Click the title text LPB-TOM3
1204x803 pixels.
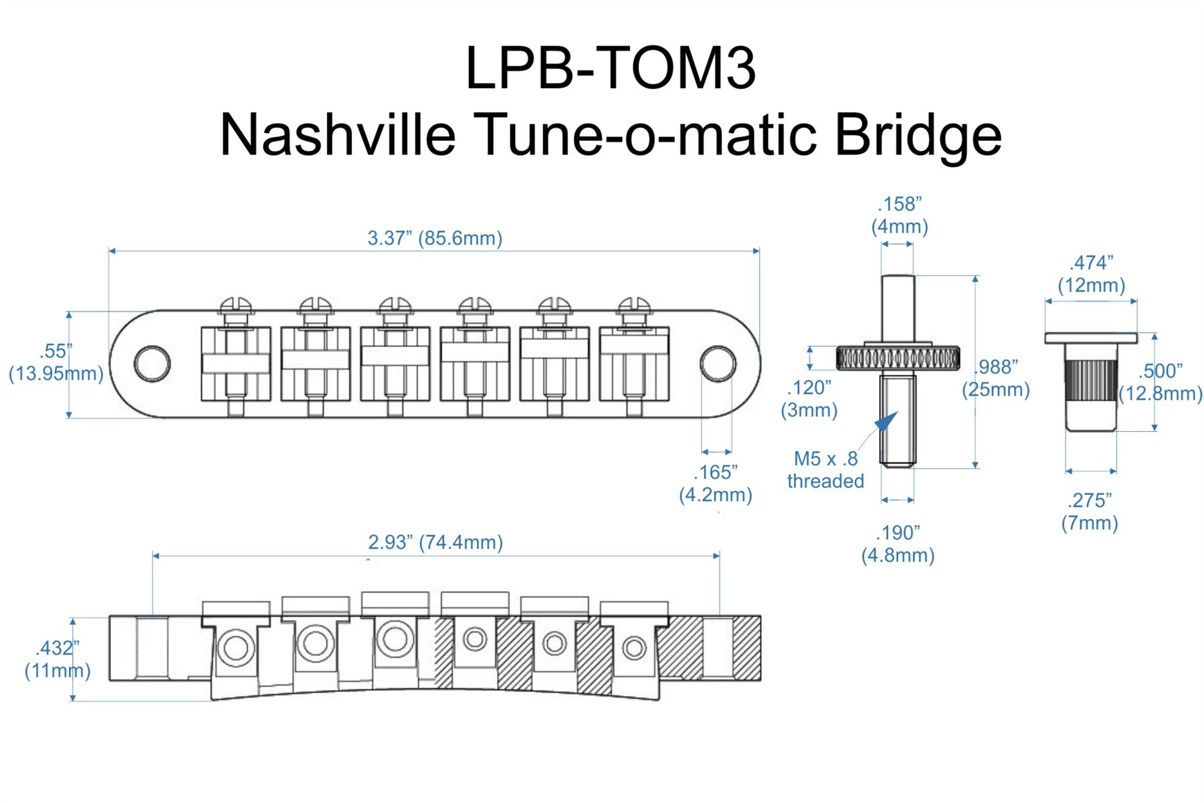pos(610,68)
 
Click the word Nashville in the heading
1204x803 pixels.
pos(337,135)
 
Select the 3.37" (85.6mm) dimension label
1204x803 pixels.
pos(435,238)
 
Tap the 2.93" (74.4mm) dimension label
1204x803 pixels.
pos(435,542)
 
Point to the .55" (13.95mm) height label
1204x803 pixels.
pos(56,362)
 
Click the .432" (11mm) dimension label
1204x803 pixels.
pos(58,659)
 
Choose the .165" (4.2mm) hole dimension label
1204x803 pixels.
pos(715,483)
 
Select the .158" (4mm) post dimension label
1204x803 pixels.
pos(899,215)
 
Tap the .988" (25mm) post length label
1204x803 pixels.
pos(996,378)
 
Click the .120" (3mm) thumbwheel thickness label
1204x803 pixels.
pos(809,398)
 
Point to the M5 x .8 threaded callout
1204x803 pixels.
pos(825,469)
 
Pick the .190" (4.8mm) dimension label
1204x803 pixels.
pos(898,544)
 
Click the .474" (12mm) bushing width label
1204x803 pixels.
pos(1091,274)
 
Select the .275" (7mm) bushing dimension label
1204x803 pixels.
pos(1090,511)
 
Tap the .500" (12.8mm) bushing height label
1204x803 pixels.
pos(1161,382)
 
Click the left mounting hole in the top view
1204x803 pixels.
pos(152,364)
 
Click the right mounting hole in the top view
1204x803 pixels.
pos(718,364)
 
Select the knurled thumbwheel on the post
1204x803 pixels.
pos(898,358)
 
